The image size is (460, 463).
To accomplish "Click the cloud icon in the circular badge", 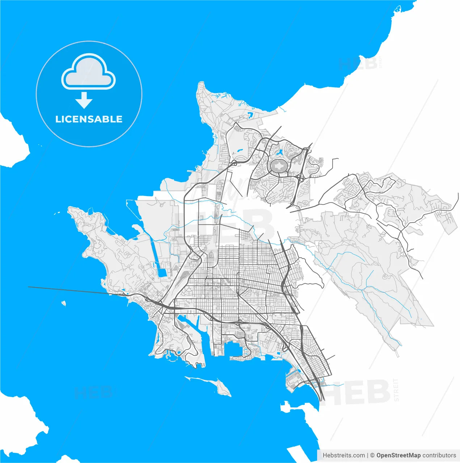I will [x=89, y=71].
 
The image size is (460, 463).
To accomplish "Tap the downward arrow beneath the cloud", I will [x=84, y=100].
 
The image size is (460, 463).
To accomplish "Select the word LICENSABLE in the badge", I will [x=89, y=119].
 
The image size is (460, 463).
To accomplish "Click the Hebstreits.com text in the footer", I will [x=343, y=455].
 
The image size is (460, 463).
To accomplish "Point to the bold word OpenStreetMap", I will [x=398, y=455].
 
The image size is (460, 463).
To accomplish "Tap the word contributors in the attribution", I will [x=439, y=455].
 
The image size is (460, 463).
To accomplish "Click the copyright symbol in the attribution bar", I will [x=372, y=455].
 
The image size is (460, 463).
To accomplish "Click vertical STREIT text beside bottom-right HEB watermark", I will [x=396, y=390].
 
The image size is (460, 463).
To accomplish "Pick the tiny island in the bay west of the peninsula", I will [x=64, y=303].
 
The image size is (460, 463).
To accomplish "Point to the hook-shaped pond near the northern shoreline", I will [x=250, y=116].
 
